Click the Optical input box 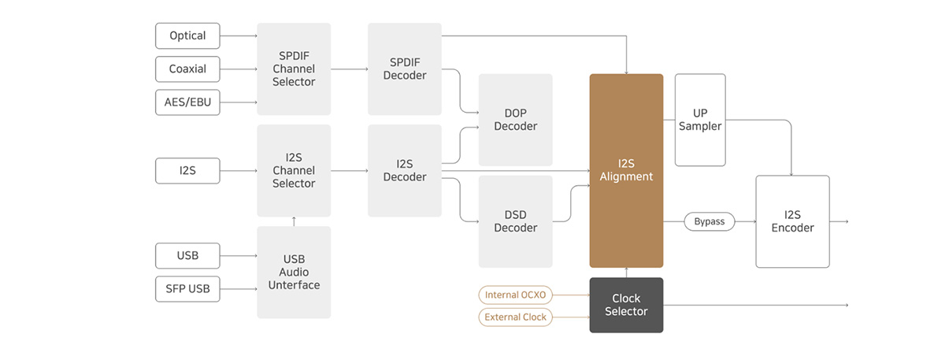(187, 36)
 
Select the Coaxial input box (187, 69)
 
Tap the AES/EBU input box (187, 102)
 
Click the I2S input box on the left (187, 170)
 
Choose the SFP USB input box (187, 288)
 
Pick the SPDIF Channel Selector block (294, 69)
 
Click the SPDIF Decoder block (405, 69)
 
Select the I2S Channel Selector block (294, 170)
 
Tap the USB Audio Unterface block (294, 273)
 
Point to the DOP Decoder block (515, 120)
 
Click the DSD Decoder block (515, 221)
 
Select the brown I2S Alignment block (626, 170)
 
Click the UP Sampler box (700, 120)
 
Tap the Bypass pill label (710, 221)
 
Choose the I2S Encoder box (792, 221)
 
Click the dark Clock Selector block (626, 305)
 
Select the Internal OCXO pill (515, 295)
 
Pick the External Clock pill (515, 317)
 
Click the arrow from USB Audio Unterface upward (294, 221)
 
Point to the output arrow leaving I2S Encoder (839, 221)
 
